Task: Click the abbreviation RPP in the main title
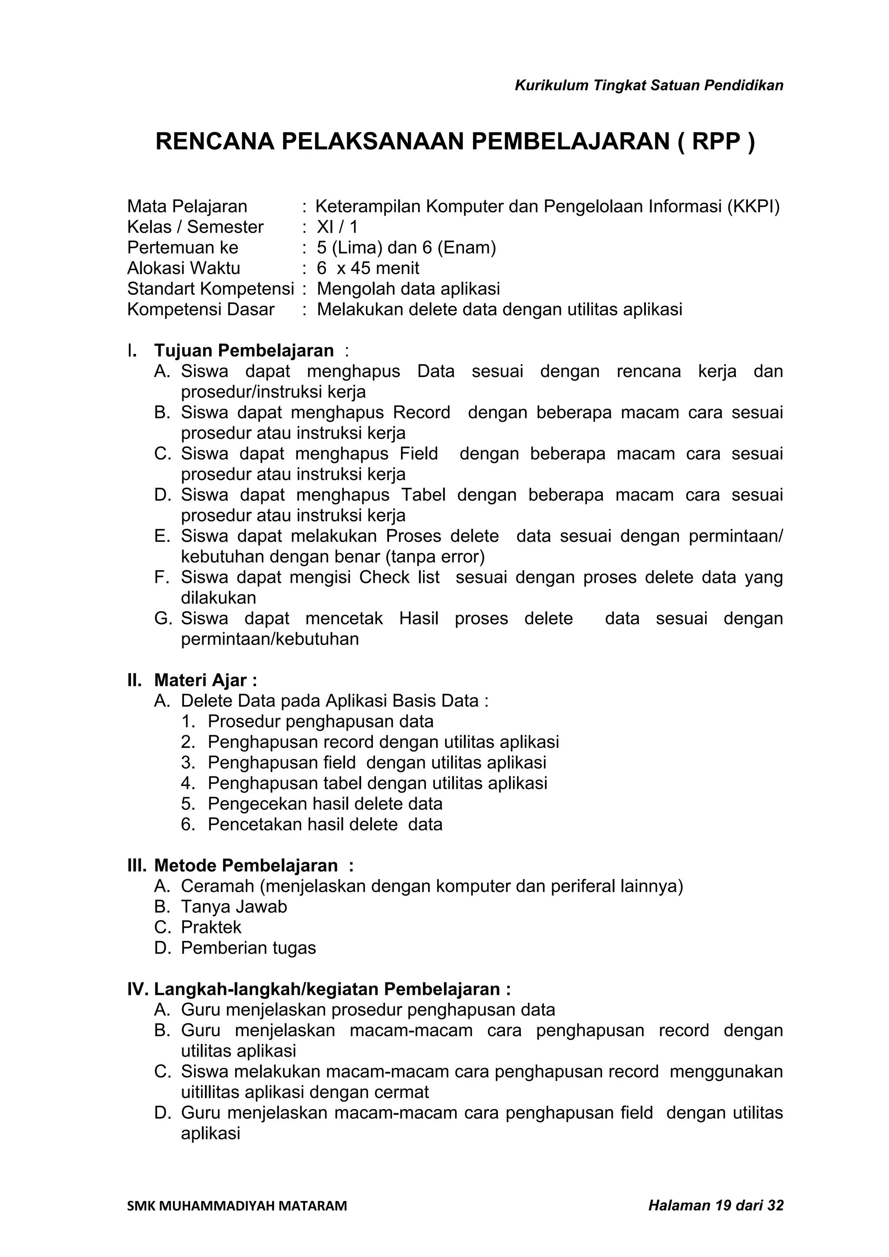click(x=716, y=141)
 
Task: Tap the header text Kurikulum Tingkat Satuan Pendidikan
click(x=649, y=85)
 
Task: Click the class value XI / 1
click(x=337, y=227)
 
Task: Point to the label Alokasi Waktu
click(x=184, y=268)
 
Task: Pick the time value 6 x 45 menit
click(x=368, y=268)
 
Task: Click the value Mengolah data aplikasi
click(x=408, y=288)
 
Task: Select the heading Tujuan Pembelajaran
click(x=244, y=350)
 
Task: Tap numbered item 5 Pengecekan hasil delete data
click(x=325, y=804)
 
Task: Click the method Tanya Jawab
click(x=234, y=907)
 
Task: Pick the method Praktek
click(x=211, y=927)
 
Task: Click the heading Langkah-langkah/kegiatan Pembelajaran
click(x=332, y=989)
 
